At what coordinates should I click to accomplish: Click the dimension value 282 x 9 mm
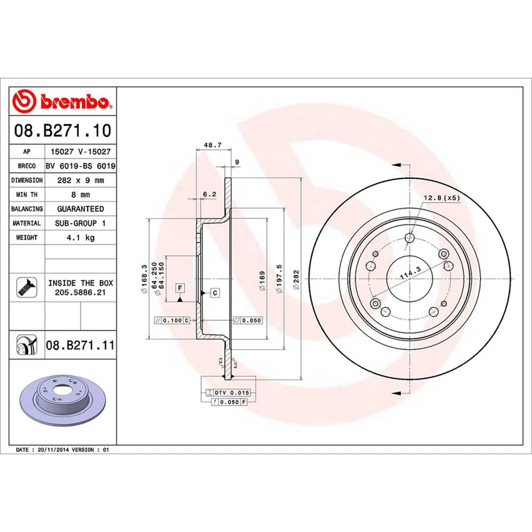tap(80, 180)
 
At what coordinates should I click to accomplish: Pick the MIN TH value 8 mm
tap(80, 195)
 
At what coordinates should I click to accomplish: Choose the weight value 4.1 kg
tap(80, 237)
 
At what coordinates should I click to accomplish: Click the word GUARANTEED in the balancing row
tap(80, 209)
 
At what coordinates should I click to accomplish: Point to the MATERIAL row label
tap(27, 223)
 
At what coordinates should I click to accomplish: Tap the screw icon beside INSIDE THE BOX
tap(27, 287)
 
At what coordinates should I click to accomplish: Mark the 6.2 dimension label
tap(209, 194)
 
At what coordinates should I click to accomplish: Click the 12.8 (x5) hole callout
tap(442, 198)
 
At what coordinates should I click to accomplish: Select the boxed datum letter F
tap(180, 287)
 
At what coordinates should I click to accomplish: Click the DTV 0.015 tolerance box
tap(228, 392)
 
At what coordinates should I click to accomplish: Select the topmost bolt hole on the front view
tap(410, 238)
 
